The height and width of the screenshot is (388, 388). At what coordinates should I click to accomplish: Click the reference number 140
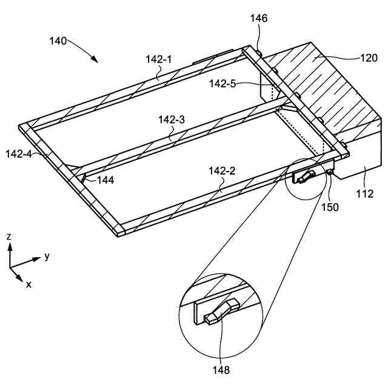point(59,41)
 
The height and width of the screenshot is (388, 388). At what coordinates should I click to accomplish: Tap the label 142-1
point(159,59)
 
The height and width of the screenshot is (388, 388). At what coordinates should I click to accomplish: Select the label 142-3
point(172,120)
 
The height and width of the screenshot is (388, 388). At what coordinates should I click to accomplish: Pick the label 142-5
point(222,84)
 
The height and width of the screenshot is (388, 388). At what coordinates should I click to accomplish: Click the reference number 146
point(259,19)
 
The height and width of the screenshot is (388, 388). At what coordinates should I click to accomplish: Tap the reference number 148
point(221,367)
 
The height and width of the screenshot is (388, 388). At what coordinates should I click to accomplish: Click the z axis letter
point(9,236)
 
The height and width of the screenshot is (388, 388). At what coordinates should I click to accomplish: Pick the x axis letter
point(28,283)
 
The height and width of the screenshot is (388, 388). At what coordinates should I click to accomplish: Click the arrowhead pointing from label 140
point(95,60)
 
